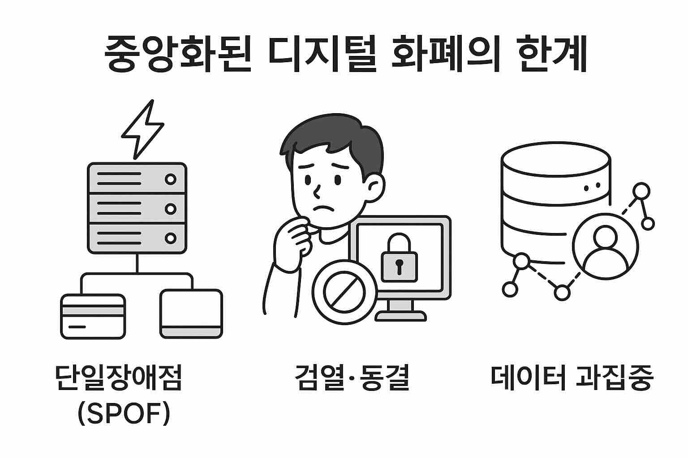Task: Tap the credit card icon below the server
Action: (93, 316)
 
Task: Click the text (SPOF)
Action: (124, 413)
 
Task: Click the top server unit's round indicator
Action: (170, 179)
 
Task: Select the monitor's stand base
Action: (400, 315)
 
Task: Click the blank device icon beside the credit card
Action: (191, 314)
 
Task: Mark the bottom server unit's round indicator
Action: (170, 238)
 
